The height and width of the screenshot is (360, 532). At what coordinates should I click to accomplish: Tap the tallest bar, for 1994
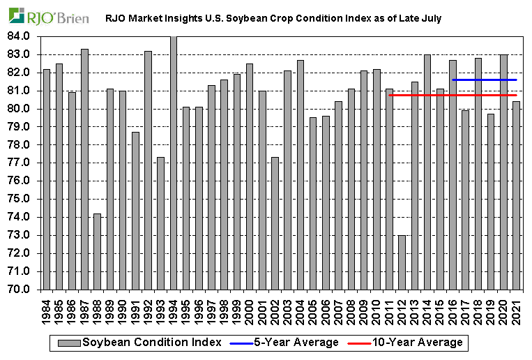173,163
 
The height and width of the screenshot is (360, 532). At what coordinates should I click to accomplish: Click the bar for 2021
516,195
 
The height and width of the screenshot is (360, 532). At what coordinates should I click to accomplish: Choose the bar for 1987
84,169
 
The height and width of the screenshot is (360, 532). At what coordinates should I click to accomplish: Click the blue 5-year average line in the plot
484,80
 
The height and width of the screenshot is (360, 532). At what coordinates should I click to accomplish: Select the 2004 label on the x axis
301,308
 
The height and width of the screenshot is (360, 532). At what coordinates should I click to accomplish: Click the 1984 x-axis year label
47,308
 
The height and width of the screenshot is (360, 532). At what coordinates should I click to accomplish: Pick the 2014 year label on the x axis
427,308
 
